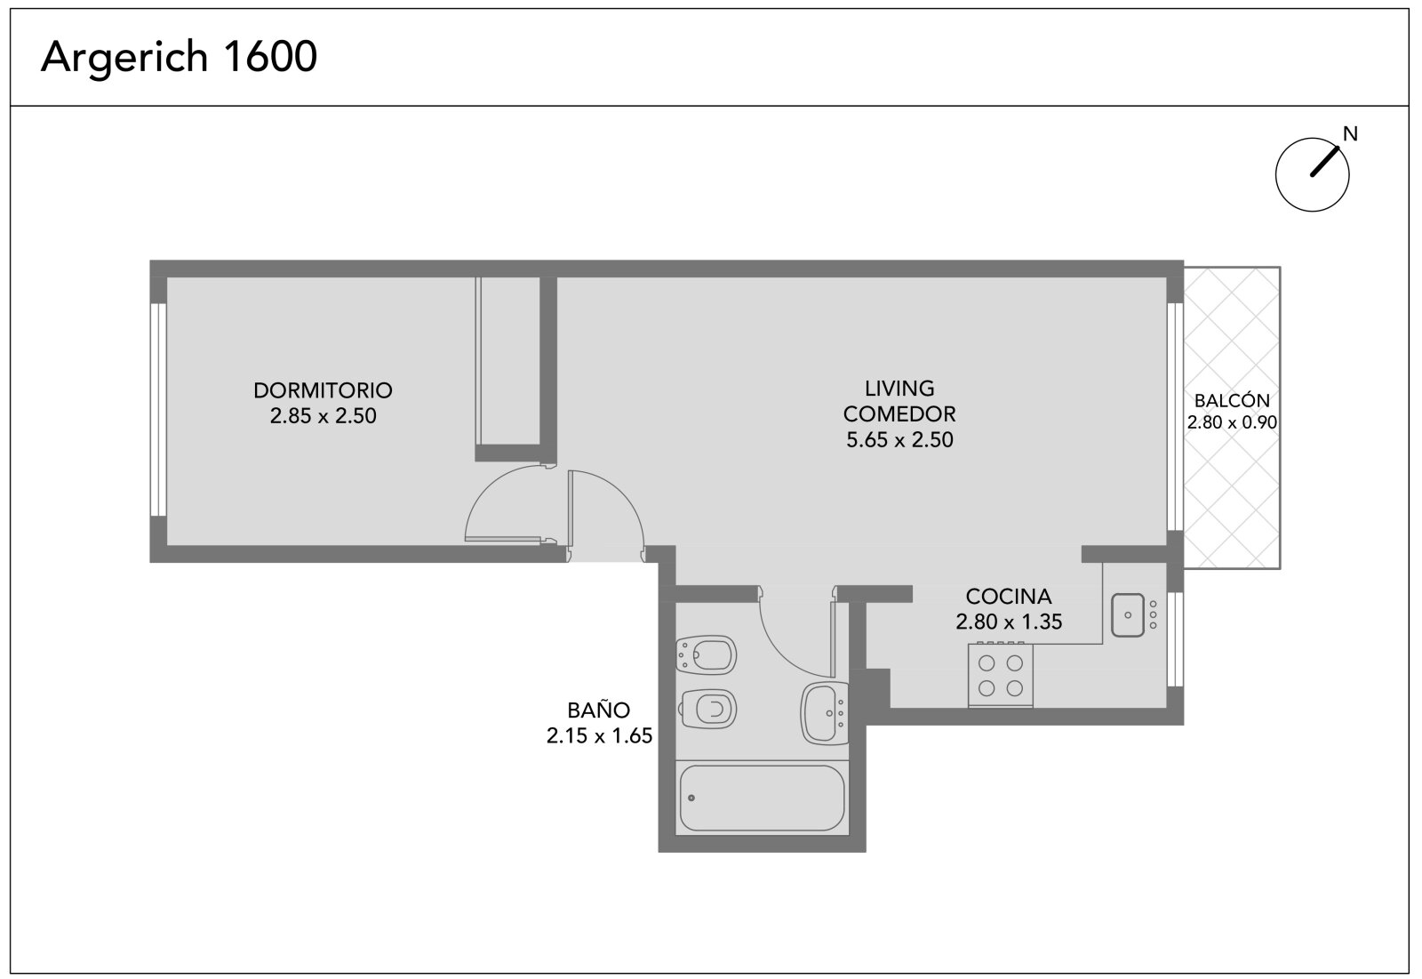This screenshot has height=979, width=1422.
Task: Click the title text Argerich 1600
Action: (179, 58)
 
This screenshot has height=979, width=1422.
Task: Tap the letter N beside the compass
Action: (1350, 134)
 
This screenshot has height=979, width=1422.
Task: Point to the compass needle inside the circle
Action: (1325, 161)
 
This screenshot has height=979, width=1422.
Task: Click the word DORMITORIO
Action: (323, 390)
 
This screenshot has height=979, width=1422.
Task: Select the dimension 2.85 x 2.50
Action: (324, 416)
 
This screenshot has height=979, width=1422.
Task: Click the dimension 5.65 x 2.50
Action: (899, 439)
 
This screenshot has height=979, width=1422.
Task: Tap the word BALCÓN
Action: (1232, 400)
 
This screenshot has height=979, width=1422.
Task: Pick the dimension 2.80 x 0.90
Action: (1232, 422)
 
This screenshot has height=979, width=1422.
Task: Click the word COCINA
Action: (1009, 597)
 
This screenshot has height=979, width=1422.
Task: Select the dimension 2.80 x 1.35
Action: (1009, 622)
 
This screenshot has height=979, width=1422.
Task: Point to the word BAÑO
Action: (599, 710)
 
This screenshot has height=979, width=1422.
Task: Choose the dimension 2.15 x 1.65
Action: (599, 735)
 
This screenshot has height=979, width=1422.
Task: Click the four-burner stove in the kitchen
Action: (1001, 675)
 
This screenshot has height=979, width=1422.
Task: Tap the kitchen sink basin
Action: (1128, 615)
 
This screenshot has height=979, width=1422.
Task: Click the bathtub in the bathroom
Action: (762, 798)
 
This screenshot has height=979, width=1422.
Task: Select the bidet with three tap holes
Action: (707, 655)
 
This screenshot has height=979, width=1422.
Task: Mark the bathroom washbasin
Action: (825, 713)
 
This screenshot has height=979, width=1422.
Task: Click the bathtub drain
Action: (691, 798)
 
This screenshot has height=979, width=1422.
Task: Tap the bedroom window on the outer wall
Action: (158, 410)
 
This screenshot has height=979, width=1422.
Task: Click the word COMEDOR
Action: (899, 414)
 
